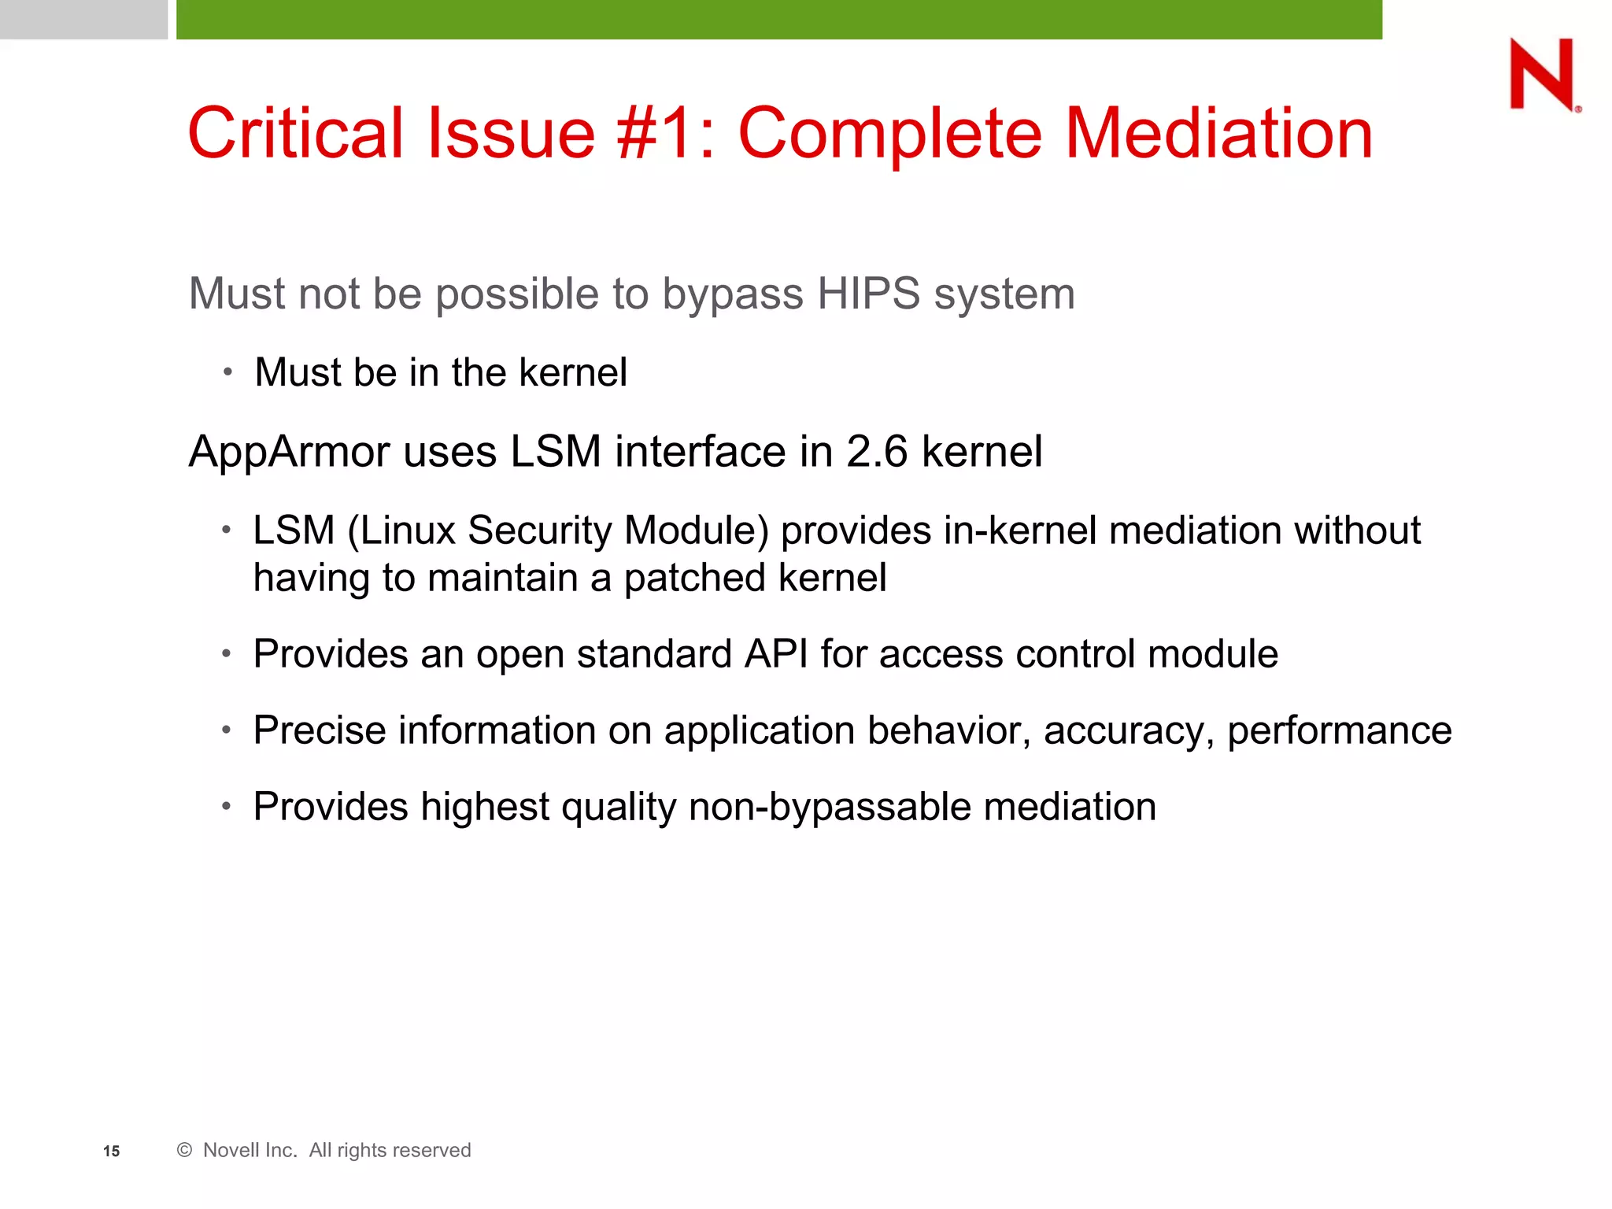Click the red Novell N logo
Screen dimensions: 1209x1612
click(1543, 75)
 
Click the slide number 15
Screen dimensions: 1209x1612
click(111, 1152)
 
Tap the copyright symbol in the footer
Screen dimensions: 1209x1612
click(184, 1150)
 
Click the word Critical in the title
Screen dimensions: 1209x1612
click(295, 134)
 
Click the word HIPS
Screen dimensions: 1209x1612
click(868, 294)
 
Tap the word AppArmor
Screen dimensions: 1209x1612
click(289, 453)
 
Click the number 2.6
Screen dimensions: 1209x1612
click(877, 453)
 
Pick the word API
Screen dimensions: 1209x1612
click(776, 654)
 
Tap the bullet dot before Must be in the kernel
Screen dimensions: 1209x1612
click(227, 372)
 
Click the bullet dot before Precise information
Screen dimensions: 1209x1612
click(226, 730)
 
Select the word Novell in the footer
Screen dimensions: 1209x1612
click(236, 1150)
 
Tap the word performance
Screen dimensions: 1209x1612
click(1340, 731)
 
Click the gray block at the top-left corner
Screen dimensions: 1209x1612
click(83, 19)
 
